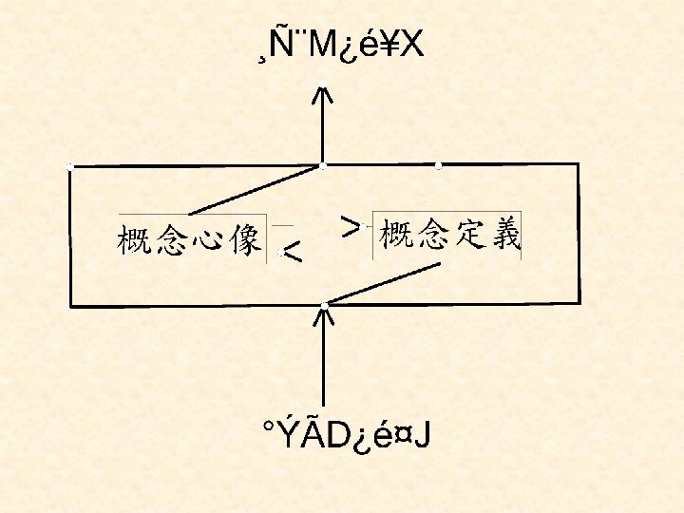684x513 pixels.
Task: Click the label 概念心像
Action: (x=190, y=239)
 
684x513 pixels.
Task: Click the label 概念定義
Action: (x=449, y=234)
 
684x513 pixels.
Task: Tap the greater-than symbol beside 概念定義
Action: (x=351, y=225)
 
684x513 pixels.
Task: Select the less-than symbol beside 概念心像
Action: (x=294, y=252)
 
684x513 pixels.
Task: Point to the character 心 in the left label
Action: (x=208, y=239)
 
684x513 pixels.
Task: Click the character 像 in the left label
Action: (x=245, y=239)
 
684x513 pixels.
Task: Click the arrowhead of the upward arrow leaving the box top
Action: (x=323, y=95)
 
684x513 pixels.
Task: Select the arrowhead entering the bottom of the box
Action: (x=324, y=317)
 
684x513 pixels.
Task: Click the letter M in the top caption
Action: (x=319, y=46)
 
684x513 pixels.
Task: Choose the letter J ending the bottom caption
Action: (x=422, y=436)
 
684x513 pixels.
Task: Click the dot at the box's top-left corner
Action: (x=70, y=167)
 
